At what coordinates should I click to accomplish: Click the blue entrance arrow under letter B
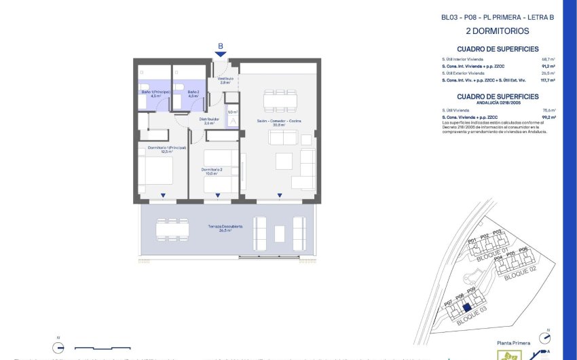220,54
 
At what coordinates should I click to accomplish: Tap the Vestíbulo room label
225,79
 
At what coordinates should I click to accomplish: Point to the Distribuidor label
208,121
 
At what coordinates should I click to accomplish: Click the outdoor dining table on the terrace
172,229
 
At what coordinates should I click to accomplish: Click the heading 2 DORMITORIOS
498,31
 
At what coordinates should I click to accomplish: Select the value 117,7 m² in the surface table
548,80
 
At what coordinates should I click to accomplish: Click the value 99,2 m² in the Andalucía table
548,118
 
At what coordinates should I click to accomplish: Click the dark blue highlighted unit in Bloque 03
466,307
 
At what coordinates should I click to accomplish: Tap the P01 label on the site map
472,241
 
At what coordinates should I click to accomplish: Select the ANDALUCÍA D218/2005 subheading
498,103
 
